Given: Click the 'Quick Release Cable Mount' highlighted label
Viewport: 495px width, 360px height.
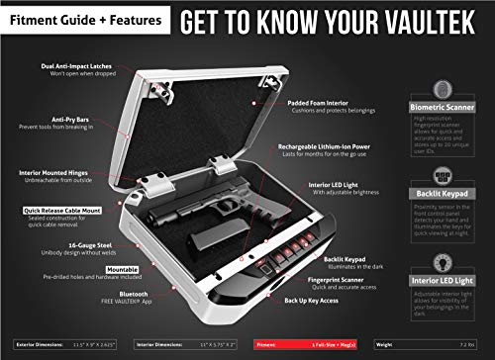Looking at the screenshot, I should click(61, 210).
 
